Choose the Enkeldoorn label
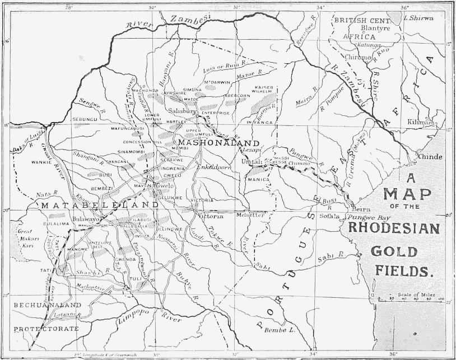pos(215,167)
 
